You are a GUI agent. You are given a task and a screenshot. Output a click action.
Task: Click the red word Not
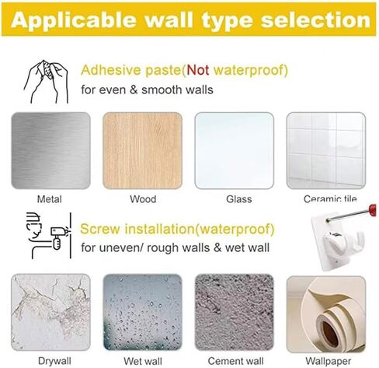click(198, 70)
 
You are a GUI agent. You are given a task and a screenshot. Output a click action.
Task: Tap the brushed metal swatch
click(50, 150)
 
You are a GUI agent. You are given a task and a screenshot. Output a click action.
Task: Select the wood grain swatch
click(142, 150)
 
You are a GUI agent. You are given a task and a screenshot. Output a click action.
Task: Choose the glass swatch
click(234, 150)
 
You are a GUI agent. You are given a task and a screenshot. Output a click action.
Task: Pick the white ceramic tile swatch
click(326, 150)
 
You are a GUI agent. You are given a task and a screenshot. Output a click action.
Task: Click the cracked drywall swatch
click(50, 312)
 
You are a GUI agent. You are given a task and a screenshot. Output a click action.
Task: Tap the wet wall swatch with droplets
click(142, 312)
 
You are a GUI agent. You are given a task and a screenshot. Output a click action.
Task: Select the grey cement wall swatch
click(234, 312)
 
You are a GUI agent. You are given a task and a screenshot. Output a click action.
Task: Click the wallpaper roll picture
click(326, 314)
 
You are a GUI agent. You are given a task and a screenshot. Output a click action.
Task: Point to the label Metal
click(50, 199)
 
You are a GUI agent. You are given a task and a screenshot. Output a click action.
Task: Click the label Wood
click(143, 199)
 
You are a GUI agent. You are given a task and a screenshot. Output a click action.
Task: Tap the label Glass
click(238, 199)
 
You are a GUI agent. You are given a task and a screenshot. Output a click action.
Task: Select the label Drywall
click(54, 361)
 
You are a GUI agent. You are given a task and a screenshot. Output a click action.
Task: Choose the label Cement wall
click(235, 361)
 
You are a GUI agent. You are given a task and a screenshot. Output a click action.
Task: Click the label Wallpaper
click(329, 361)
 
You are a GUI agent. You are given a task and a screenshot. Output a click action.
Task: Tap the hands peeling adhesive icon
click(47, 82)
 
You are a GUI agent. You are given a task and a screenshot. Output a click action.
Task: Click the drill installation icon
click(49, 236)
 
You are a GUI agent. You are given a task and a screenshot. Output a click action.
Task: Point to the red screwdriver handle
click(372, 209)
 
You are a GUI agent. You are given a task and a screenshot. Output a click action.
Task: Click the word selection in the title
click(316, 20)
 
